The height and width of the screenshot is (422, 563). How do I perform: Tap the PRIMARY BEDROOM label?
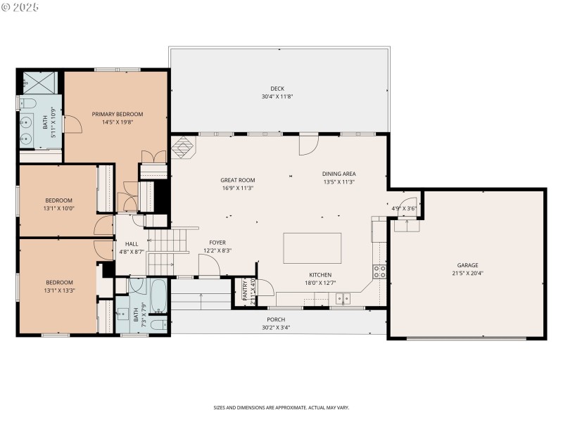[x=118, y=114]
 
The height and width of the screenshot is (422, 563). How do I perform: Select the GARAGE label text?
[x=468, y=265]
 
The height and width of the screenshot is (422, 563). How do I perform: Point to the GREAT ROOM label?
[x=237, y=180]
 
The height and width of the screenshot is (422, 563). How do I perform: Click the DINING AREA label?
[x=339, y=174]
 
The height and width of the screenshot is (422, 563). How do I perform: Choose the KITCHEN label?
[x=320, y=275]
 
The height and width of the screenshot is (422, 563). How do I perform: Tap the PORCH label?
[x=276, y=319]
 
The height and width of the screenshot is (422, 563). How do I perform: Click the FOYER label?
[x=217, y=243]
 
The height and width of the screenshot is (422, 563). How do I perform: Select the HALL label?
[x=132, y=243]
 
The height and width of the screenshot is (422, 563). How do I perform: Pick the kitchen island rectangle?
[x=312, y=248]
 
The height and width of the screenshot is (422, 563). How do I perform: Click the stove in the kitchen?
[x=379, y=271]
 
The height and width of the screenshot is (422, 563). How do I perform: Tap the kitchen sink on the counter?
[x=343, y=300]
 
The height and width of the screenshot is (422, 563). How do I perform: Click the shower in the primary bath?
[x=35, y=83]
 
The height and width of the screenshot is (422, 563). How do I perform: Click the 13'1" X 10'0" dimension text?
[x=59, y=207]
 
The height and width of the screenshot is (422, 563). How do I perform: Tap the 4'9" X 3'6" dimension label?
[x=405, y=208]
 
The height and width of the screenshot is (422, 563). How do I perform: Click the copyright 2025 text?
[x=20, y=6]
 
